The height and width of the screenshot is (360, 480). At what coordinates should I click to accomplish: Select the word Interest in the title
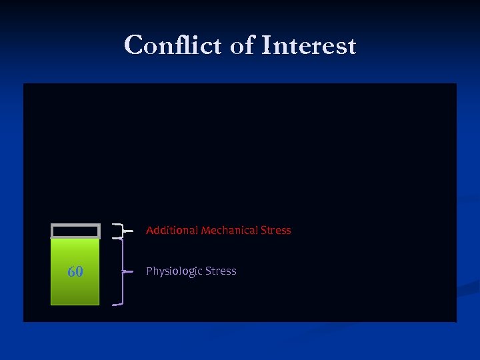pyautogui.click(x=309, y=46)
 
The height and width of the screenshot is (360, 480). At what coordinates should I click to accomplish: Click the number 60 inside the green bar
pyautogui.click(x=75, y=272)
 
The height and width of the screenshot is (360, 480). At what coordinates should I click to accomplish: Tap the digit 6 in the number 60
pyautogui.click(x=71, y=272)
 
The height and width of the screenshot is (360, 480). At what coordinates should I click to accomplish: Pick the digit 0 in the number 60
pyautogui.click(x=79, y=272)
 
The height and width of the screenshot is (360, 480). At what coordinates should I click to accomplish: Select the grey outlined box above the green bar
pyautogui.click(x=75, y=231)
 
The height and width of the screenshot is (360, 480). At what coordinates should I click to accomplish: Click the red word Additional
pyautogui.click(x=172, y=231)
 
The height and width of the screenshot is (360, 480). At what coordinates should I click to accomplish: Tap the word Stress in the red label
pyautogui.click(x=277, y=231)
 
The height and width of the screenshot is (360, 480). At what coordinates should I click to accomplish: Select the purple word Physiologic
pyautogui.click(x=174, y=271)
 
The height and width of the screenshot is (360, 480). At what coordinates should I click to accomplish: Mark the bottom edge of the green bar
pyautogui.click(x=75, y=304)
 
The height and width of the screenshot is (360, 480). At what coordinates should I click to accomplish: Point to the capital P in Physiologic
pyautogui.click(x=149, y=271)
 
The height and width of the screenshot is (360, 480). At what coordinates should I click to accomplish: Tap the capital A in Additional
pyautogui.click(x=149, y=231)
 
